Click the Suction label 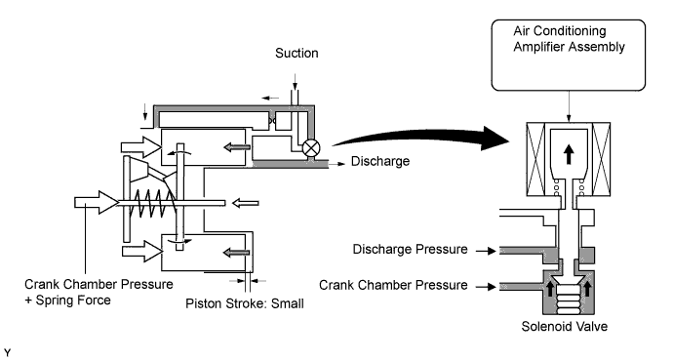coord(297,54)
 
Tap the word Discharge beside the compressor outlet coord(380,161)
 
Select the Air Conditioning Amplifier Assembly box coord(569,55)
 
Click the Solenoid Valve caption coord(565,327)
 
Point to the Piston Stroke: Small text coord(245,303)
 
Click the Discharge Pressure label coord(410,250)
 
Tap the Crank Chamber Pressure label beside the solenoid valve coord(393,285)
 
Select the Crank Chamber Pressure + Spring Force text coord(99,292)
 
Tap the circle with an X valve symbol coord(311,149)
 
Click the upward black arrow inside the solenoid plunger coord(569,154)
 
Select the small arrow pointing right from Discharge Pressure coord(486,251)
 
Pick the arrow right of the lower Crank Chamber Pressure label coord(486,286)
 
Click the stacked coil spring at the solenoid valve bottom coord(569,300)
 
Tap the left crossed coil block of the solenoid coord(535,159)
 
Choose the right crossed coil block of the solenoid coord(602,159)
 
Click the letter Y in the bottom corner coord(7,353)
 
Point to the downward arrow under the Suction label coord(295,82)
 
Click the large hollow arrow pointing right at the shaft coord(97,202)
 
